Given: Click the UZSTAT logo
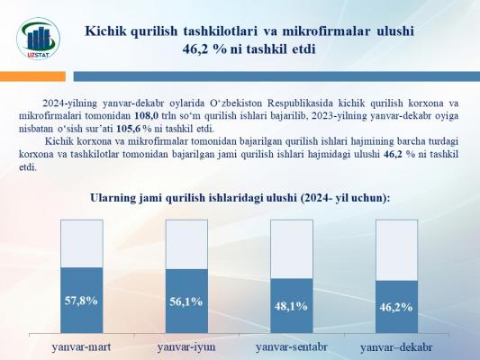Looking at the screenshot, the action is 38,39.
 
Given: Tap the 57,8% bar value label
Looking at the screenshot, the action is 81,301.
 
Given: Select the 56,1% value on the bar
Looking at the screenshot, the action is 186,301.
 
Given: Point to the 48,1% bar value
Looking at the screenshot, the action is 291,306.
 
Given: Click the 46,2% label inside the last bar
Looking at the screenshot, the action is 396,308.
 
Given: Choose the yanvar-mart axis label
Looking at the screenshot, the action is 81,347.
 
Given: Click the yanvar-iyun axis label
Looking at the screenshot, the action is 186,347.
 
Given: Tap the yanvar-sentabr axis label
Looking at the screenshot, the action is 292,347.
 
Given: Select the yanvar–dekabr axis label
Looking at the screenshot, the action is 396,347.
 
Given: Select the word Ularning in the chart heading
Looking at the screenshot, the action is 112,198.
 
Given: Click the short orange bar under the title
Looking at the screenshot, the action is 32,76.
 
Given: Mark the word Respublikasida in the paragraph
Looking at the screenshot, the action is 301,103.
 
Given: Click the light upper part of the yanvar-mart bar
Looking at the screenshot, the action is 82,244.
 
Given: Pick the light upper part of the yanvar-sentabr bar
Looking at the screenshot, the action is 292,249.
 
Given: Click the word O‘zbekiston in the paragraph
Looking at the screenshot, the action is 236,103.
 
